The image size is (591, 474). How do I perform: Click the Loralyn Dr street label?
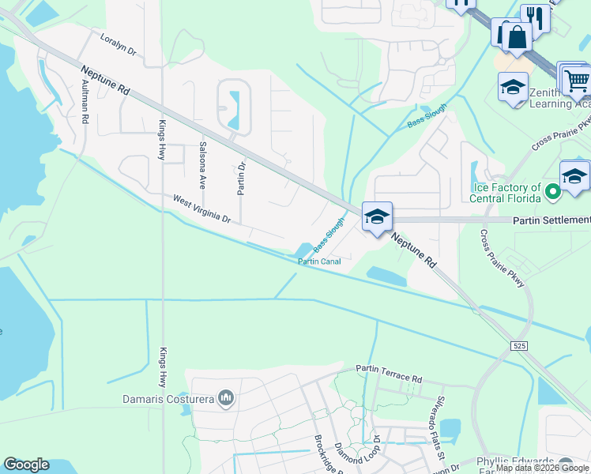click(119, 45)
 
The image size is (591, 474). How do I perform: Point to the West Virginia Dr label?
click(201, 209)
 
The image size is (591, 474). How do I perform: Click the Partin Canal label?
click(318, 261)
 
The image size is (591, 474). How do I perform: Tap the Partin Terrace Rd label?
click(389, 373)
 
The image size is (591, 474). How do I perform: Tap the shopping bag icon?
click(516, 36)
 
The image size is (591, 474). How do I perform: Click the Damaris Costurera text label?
click(168, 399)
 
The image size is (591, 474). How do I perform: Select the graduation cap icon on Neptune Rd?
click(377, 216)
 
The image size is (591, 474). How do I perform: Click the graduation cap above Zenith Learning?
click(513, 87)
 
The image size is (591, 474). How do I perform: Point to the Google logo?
click(26, 465)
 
